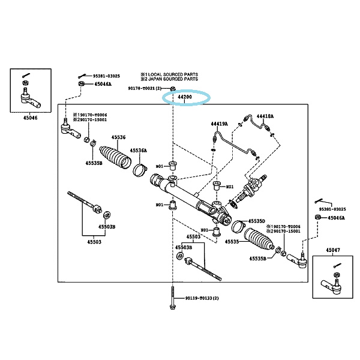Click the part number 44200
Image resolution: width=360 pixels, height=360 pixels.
coord(184,97)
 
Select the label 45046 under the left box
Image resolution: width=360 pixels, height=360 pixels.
coord(30,118)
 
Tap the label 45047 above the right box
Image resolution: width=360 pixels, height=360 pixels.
coord(333,249)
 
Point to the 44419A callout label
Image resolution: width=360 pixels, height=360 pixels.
coord(219,124)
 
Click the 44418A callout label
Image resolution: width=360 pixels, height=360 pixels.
coord(265,116)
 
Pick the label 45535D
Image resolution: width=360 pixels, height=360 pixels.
coord(257,221)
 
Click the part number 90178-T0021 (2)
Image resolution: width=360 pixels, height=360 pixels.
coord(146,88)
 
